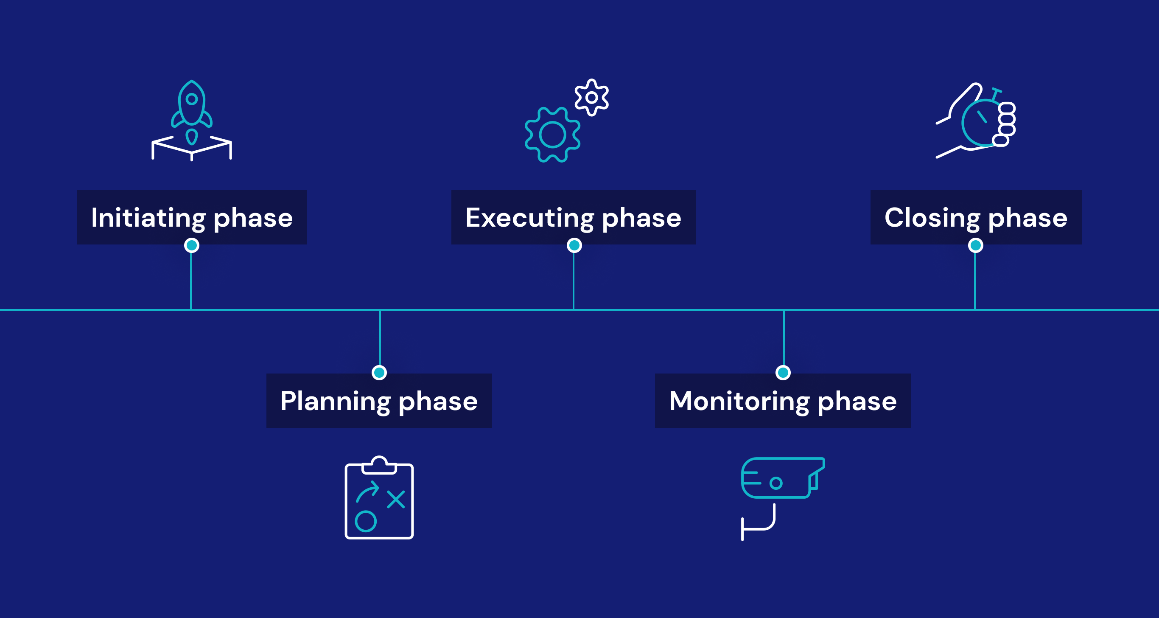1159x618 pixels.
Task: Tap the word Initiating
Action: [x=148, y=218]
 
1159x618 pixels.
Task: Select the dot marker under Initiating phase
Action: [x=192, y=245]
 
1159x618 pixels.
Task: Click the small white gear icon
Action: [x=592, y=97]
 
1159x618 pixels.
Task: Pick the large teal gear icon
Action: [x=552, y=135]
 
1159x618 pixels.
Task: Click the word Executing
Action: [x=529, y=218]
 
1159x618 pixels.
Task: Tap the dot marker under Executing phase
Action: [x=574, y=245]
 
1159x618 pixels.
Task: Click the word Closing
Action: [x=932, y=218]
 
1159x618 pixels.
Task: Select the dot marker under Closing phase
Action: [x=975, y=245]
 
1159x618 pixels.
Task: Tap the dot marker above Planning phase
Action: [x=379, y=373]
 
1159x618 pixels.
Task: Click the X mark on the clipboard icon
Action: [x=396, y=499]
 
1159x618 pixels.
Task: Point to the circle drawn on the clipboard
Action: [x=365, y=521]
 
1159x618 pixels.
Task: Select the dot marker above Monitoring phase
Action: [x=783, y=373]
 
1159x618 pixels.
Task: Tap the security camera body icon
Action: [x=778, y=478]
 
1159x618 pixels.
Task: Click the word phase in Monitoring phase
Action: [x=857, y=402]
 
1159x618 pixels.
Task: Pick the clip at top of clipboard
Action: [x=379, y=466]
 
